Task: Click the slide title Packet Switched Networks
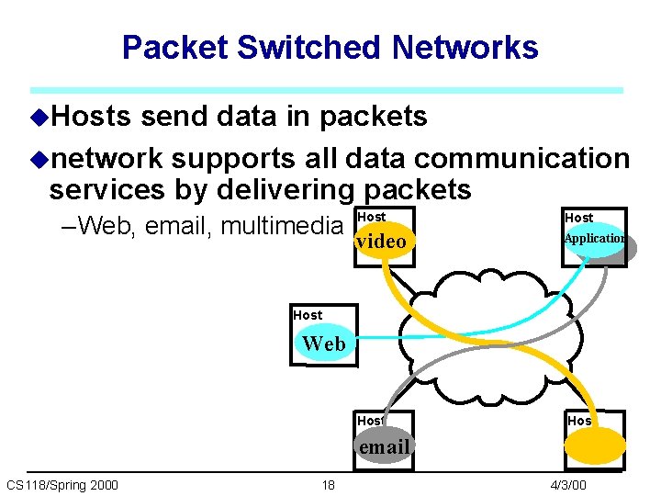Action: pyautogui.click(x=330, y=48)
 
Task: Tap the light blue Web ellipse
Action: pyautogui.click(x=324, y=344)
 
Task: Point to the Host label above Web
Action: pyautogui.click(x=308, y=315)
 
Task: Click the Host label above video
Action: pyautogui.click(x=371, y=217)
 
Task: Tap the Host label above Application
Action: pyautogui.click(x=578, y=218)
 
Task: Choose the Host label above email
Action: pyautogui.click(x=370, y=421)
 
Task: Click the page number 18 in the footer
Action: pyautogui.click(x=328, y=484)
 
